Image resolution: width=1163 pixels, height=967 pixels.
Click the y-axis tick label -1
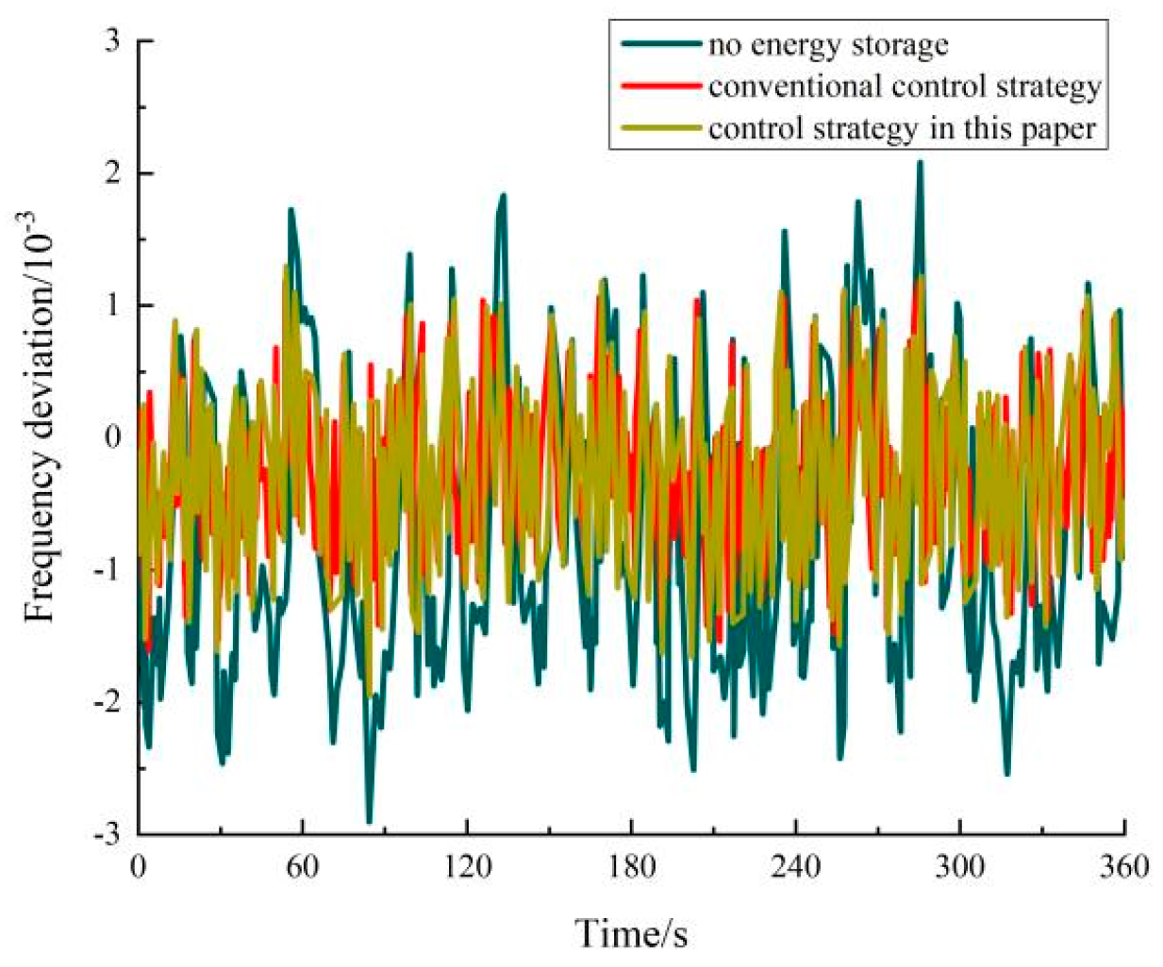pyautogui.click(x=108, y=571)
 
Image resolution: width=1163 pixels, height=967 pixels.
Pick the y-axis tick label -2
pyautogui.click(x=108, y=703)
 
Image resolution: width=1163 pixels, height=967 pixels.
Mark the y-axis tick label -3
pyautogui.click(x=108, y=835)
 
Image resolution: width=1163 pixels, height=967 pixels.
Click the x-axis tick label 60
pyautogui.click(x=302, y=865)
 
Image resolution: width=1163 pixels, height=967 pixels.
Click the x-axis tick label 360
pyautogui.click(x=1123, y=865)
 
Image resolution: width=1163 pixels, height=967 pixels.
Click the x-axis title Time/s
pyautogui.click(x=631, y=933)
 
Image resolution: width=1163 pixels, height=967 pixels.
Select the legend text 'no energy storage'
pyautogui.click(x=827, y=44)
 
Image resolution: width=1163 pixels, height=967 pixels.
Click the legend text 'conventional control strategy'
pyautogui.click(x=904, y=86)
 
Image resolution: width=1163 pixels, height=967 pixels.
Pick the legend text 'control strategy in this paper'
pyautogui.click(x=902, y=128)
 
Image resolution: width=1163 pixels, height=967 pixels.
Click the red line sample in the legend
pyautogui.click(x=661, y=86)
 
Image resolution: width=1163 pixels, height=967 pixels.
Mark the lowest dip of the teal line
pyautogui.click(x=369, y=821)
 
